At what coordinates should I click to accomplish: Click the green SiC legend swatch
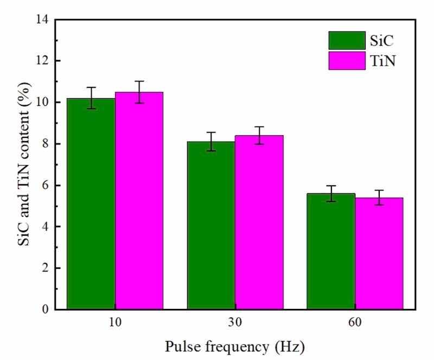tap(347, 40)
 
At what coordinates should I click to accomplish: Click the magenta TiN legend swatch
tap(347, 60)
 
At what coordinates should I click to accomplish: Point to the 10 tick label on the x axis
tap(115, 323)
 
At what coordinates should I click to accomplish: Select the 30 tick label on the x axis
tap(235, 323)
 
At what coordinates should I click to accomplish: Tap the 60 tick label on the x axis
tap(355, 323)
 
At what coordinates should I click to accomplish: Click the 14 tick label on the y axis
tap(42, 20)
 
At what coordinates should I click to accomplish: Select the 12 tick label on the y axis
tap(42, 61)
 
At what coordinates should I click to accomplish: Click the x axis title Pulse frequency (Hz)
tap(235, 346)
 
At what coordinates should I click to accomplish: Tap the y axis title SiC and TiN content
tap(22, 164)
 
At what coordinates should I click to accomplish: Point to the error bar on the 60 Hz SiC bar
tap(331, 193)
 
